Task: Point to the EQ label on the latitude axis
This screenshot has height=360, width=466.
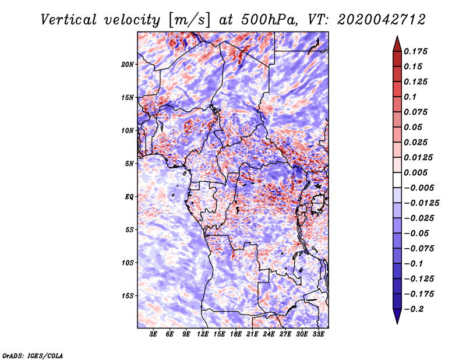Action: coord(129,197)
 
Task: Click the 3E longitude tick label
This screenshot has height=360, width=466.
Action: coord(154,334)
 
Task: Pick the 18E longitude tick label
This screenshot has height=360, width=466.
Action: coord(236,334)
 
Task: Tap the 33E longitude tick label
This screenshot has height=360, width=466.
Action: coord(318,334)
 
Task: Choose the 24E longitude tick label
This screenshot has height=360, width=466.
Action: coord(269,334)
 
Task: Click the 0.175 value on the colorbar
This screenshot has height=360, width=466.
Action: coord(417,51)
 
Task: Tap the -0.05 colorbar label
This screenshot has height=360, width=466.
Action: coord(417,234)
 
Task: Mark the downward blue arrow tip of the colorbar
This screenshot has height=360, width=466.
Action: coord(397,322)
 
